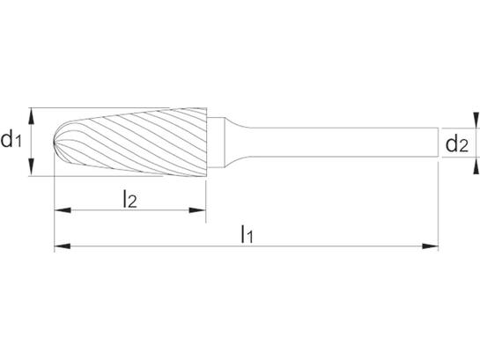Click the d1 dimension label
coord(11,140)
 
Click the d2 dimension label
coord(457,144)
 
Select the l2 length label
coord(129,199)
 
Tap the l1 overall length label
coord(247,234)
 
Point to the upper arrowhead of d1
coord(31,116)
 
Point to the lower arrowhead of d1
coord(31,168)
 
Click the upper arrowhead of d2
coord(476,120)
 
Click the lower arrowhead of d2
coord(476,165)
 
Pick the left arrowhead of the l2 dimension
coord(63,210)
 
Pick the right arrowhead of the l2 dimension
coord(197,210)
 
